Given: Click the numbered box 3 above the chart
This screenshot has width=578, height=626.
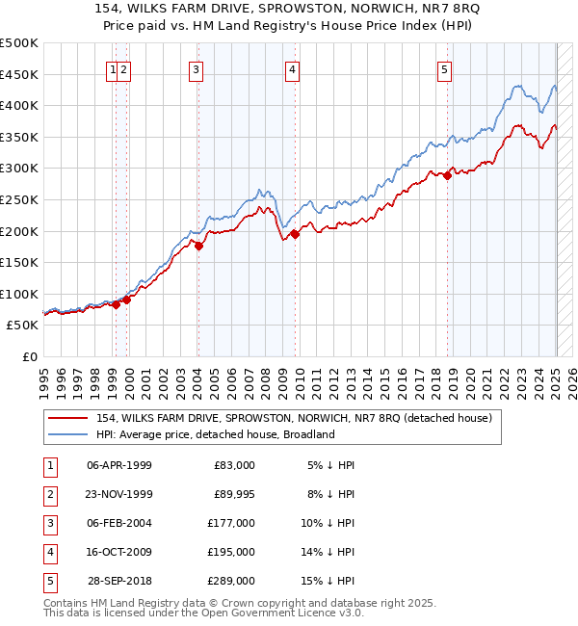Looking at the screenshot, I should [196, 68].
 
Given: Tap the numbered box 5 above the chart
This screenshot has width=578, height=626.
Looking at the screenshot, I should [445, 68].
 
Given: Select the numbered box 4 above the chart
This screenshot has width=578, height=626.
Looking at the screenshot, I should [291, 68].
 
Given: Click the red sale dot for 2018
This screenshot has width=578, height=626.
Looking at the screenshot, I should [448, 175].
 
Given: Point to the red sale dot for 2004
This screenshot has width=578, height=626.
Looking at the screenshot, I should [198, 246].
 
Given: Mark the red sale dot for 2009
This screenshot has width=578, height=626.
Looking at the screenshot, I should [296, 234].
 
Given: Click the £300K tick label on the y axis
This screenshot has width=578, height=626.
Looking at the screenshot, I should [19, 169].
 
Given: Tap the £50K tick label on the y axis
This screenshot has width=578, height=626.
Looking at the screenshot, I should [23, 326].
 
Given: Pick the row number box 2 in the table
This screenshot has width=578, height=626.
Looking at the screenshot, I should [49, 494].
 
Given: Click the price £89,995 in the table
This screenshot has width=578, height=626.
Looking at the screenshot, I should [233, 494].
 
